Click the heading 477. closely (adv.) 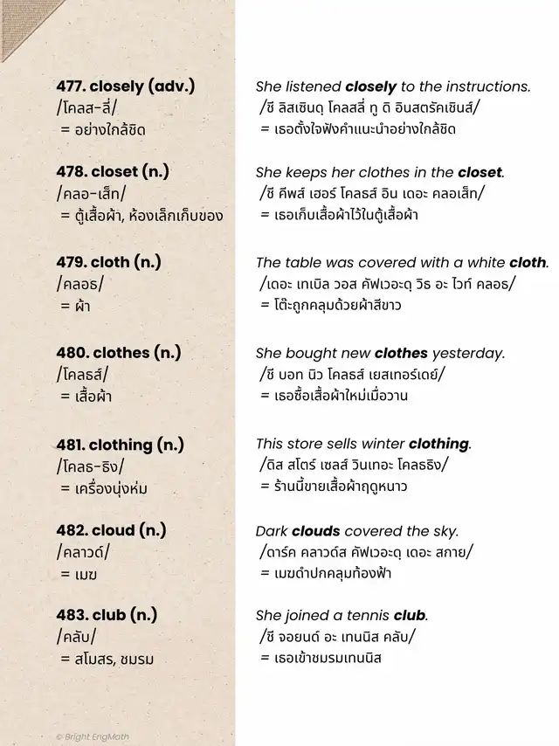click(125, 86)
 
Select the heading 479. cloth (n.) click(108, 262)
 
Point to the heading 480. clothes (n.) click(118, 353)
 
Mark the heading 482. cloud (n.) click(111, 530)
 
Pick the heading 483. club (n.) click(107, 614)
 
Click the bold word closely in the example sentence click(370, 86)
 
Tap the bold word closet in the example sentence click(480, 172)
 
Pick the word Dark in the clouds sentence click(272, 530)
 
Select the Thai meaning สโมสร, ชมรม click(107, 660)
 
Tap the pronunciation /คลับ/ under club click(76, 637)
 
